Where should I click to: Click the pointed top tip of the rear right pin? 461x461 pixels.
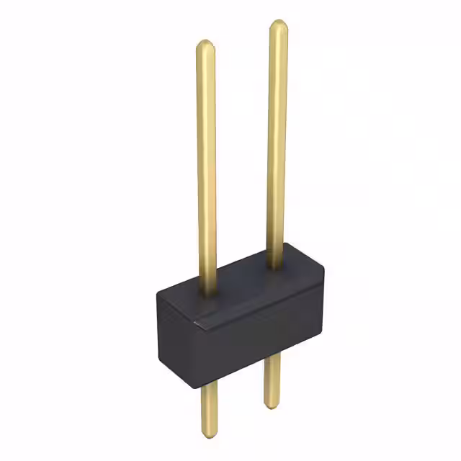click(278, 22)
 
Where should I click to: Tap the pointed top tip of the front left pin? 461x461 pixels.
click(205, 42)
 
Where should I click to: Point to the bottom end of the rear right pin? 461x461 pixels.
click(272, 406)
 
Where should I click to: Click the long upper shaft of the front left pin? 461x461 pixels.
click(206, 166)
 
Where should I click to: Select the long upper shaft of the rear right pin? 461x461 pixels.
click(278, 144)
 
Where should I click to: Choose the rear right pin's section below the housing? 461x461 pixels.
click(272, 382)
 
